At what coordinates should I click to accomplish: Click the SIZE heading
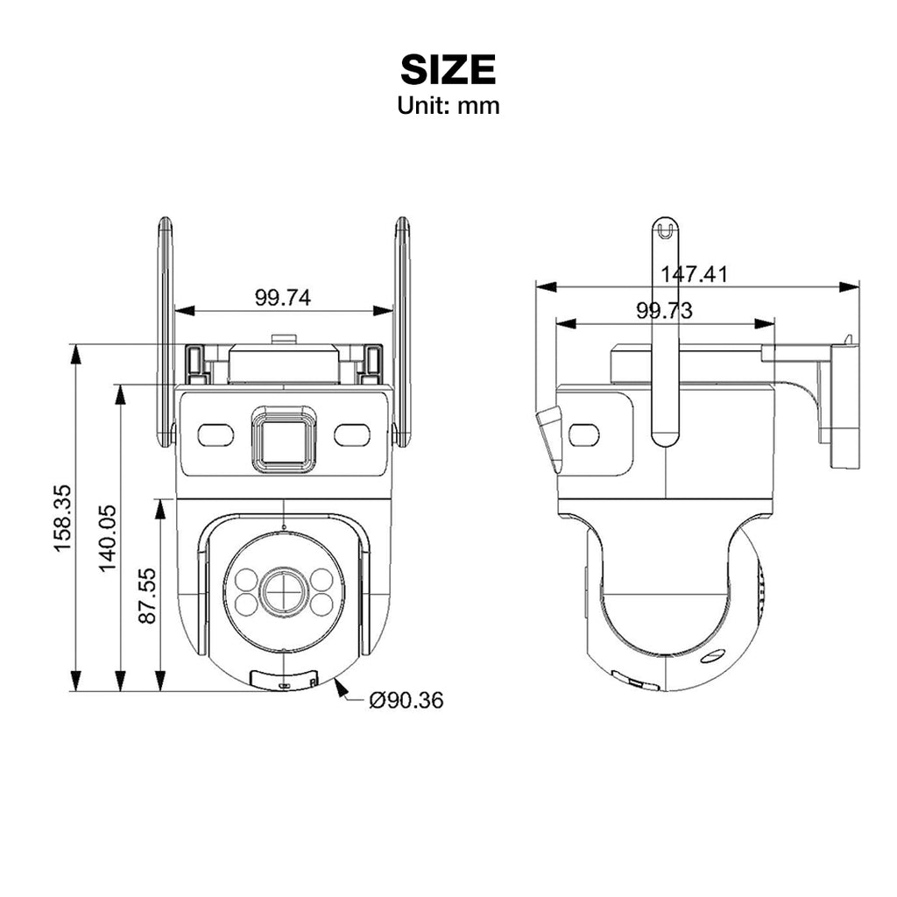[448, 69]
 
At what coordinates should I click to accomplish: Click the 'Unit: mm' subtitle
[448, 106]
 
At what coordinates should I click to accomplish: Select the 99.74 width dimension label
[282, 298]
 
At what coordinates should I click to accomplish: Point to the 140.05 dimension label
[107, 538]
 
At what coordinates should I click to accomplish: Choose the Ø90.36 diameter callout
[406, 700]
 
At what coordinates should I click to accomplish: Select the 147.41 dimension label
[694, 274]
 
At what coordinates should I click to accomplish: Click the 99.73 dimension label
[664, 311]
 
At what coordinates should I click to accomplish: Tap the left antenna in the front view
[165, 333]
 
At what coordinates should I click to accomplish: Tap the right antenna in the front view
[402, 333]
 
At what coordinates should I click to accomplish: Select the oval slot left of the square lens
[215, 434]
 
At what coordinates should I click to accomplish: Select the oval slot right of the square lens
[352, 434]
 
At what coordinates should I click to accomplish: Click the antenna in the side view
[666, 333]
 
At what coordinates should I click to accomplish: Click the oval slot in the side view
[584, 434]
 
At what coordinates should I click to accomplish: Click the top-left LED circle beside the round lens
[245, 578]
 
